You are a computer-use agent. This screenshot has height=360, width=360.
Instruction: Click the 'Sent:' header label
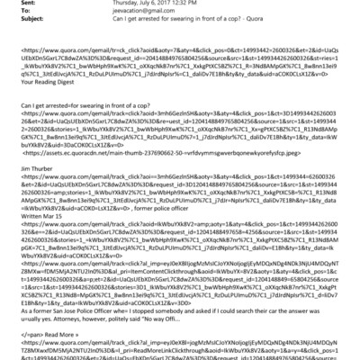(x=14, y=7)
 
